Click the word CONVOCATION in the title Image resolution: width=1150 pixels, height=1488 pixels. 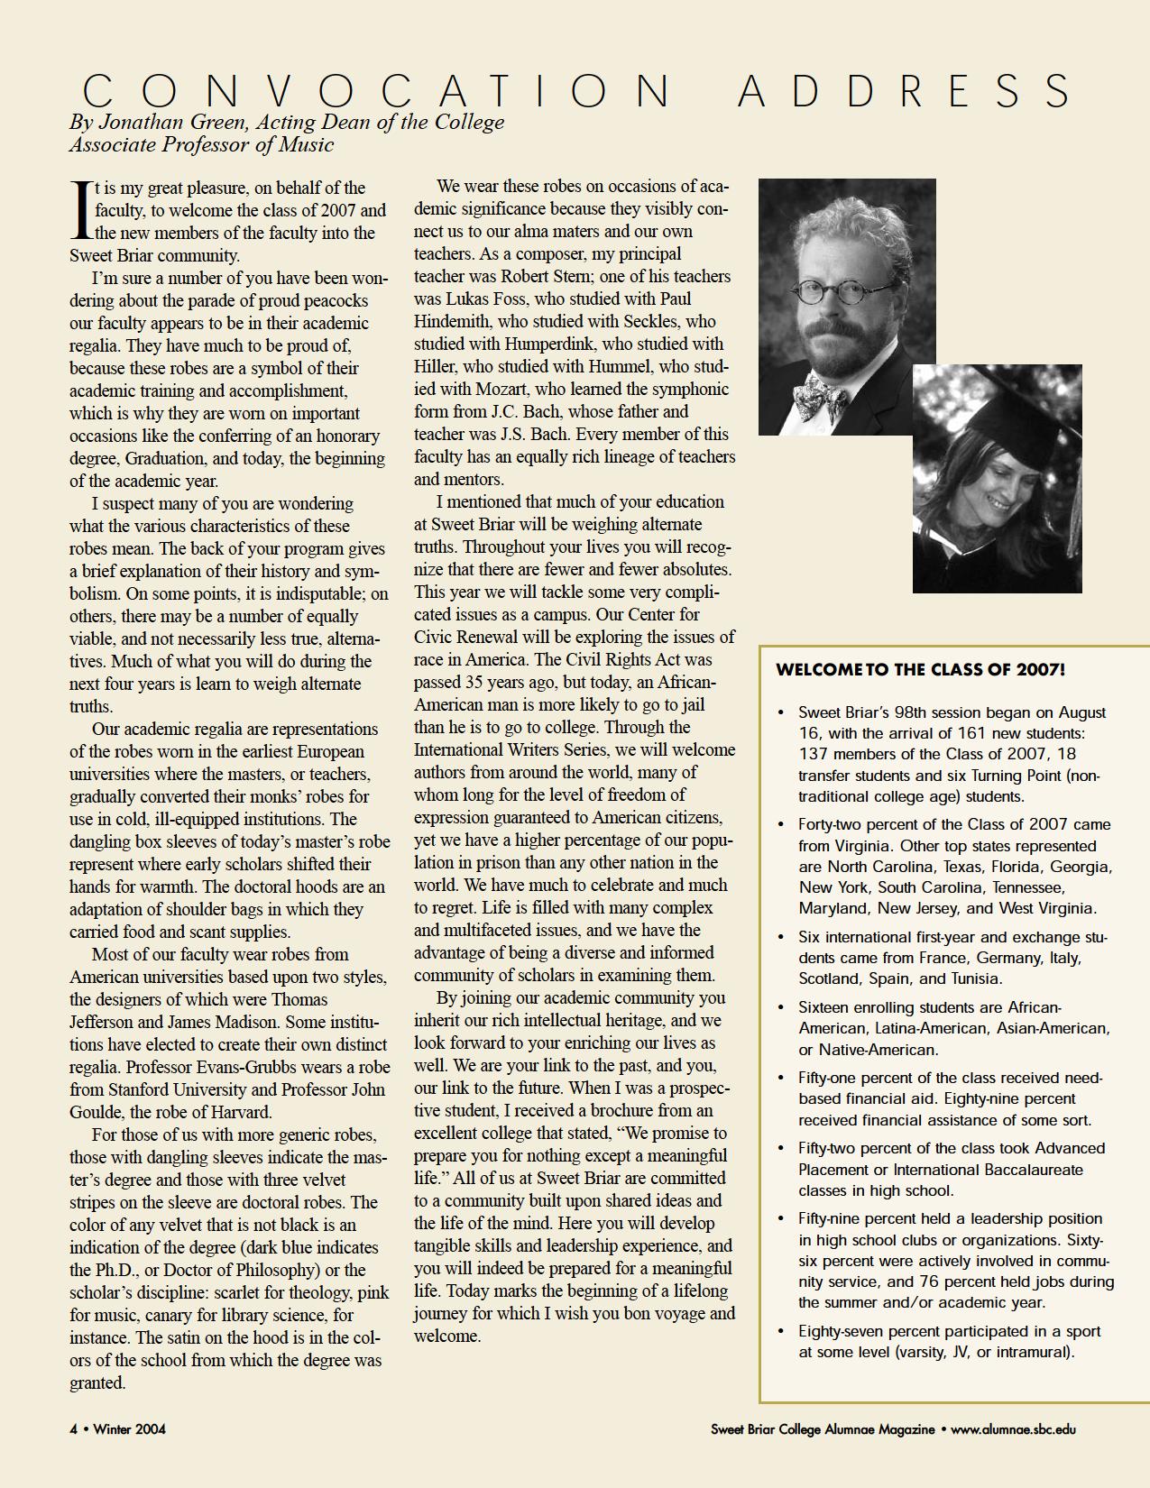point(377,91)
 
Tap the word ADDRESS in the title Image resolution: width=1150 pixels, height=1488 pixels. point(906,91)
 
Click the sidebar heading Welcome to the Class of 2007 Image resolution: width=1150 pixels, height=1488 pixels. point(920,670)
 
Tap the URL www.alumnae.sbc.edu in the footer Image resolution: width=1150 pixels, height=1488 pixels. point(1013,1428)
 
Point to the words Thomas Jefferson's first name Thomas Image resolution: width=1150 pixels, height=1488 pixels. point(299,999)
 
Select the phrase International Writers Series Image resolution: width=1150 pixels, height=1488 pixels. point(575,749)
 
